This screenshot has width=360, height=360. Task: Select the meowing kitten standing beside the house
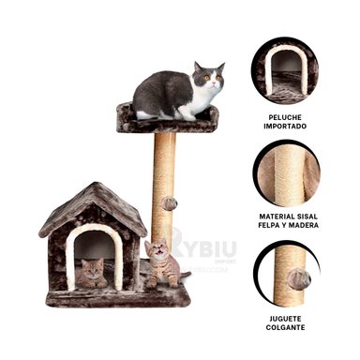pyautogui.click(x=160, y=265)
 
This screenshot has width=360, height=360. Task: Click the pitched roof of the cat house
pyautogui.click(x=92, y=206)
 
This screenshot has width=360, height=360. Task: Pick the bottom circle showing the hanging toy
pyautogui.click(x=286, y=273)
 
